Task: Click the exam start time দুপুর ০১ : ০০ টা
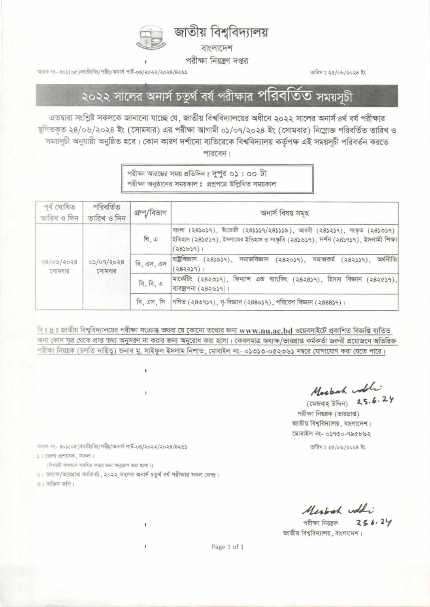coord(234,174)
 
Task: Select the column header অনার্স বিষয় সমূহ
coord(284,213)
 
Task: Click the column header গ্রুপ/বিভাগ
coord(150,213)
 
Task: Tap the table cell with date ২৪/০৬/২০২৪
coord(59,262)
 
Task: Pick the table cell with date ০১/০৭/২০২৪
coord(106,262)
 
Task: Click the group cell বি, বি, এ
coord(150,283)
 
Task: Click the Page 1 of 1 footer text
coord(228,547)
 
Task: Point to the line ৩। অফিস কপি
coord(55,483)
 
